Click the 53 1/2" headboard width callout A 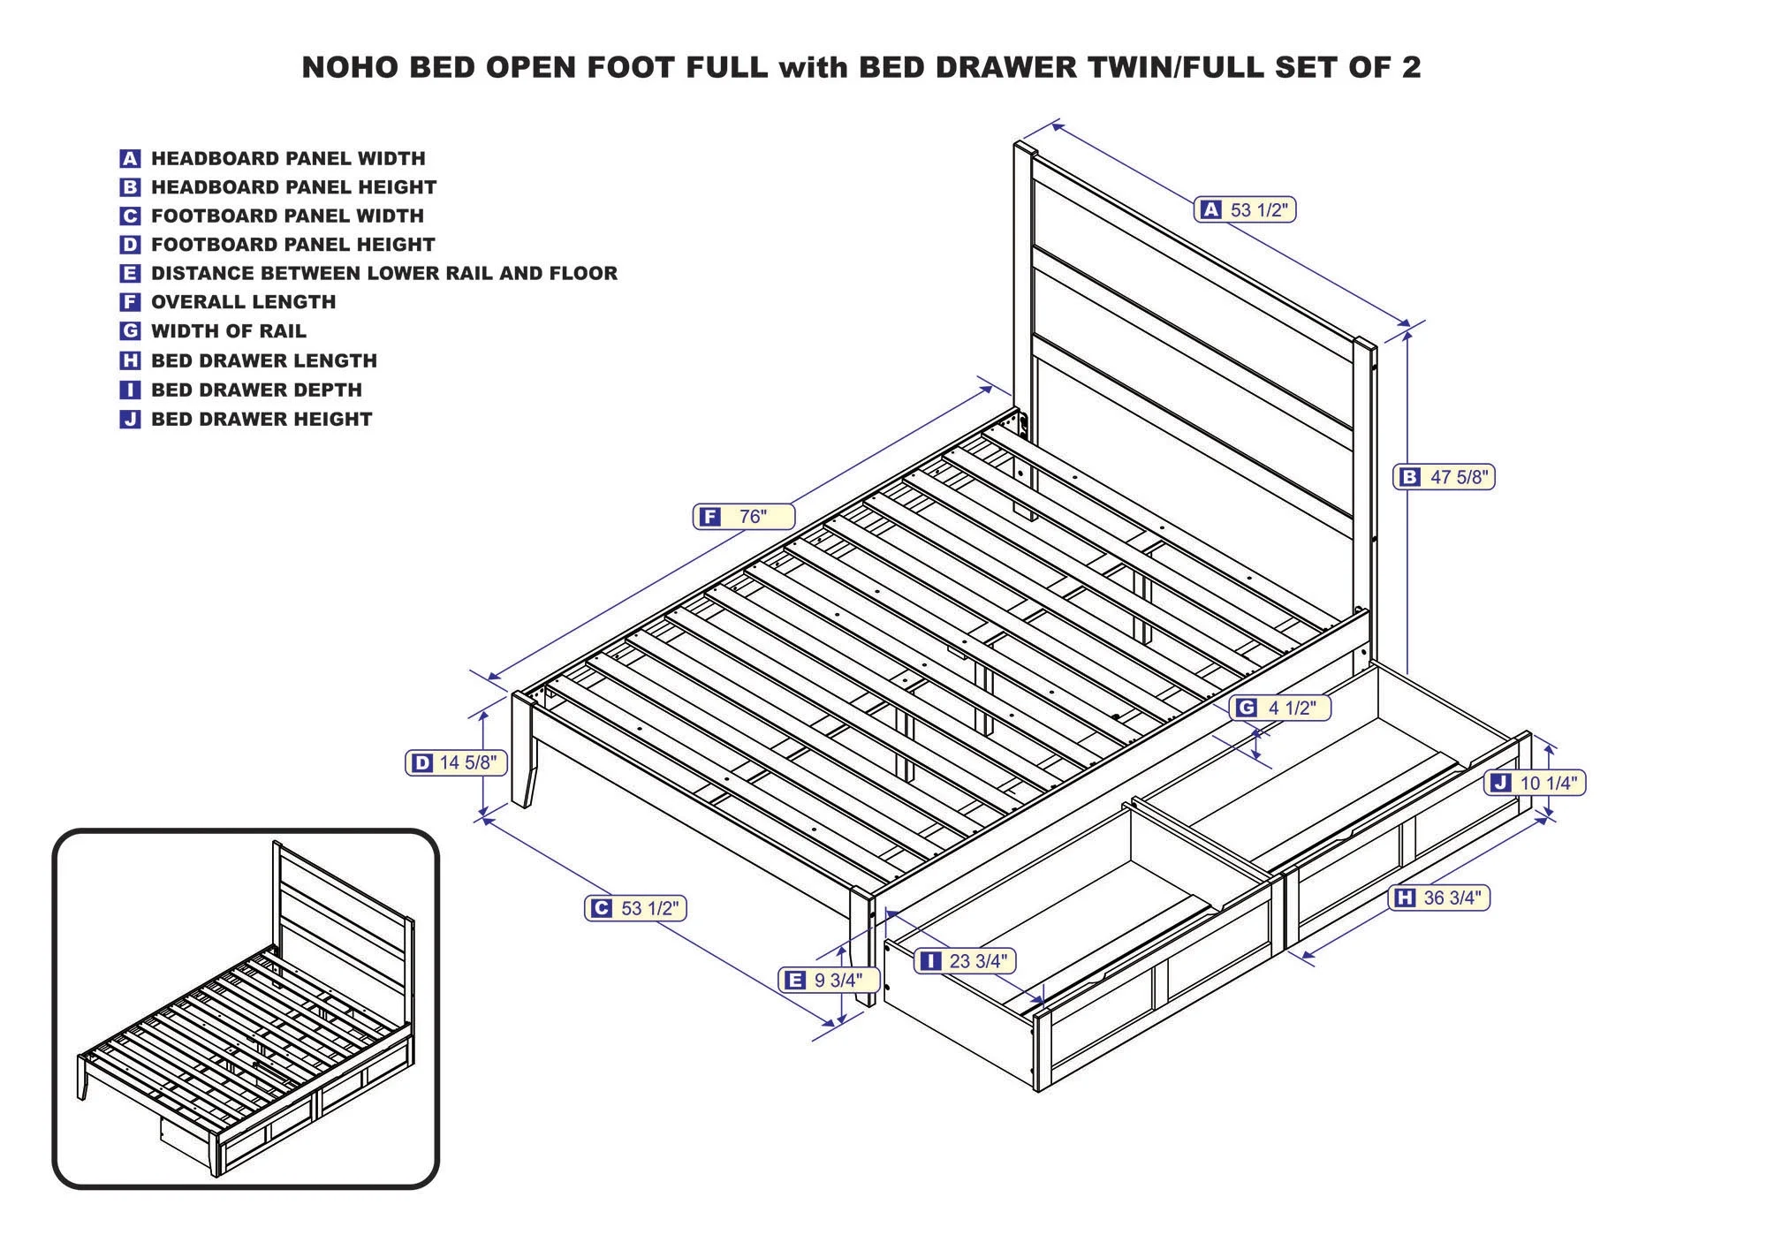pyautogui.click(x=1245, y=209)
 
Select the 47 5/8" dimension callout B pyautogui.click(x=1445, y=477)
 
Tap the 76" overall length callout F pyautogui.click(x=743, y=517)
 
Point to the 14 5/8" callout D pyautogui.click(x=456, y=762)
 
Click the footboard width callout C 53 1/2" pyautogui.click(x=635, y=908)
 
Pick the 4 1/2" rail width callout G pyautogui.click(x=1279, y=708)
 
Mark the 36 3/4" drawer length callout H pyautogui.click(x=1440, y=898)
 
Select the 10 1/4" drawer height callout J pyautogui.click(x=1536, y=783)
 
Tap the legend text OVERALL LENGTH pyautogui.click(x=243, y=302)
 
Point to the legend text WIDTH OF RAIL pyautogui.click(x=228, y=331)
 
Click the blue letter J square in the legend pyautogui.click(x=130, y=420)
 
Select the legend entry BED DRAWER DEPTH pyautogui.click(x=256, y=390)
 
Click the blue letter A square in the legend pyautogui.click(x=130, y=159)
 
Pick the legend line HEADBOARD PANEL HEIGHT pyautogui.click(x=293, y=187)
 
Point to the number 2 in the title pyautogui.click(x=1410, y=68)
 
